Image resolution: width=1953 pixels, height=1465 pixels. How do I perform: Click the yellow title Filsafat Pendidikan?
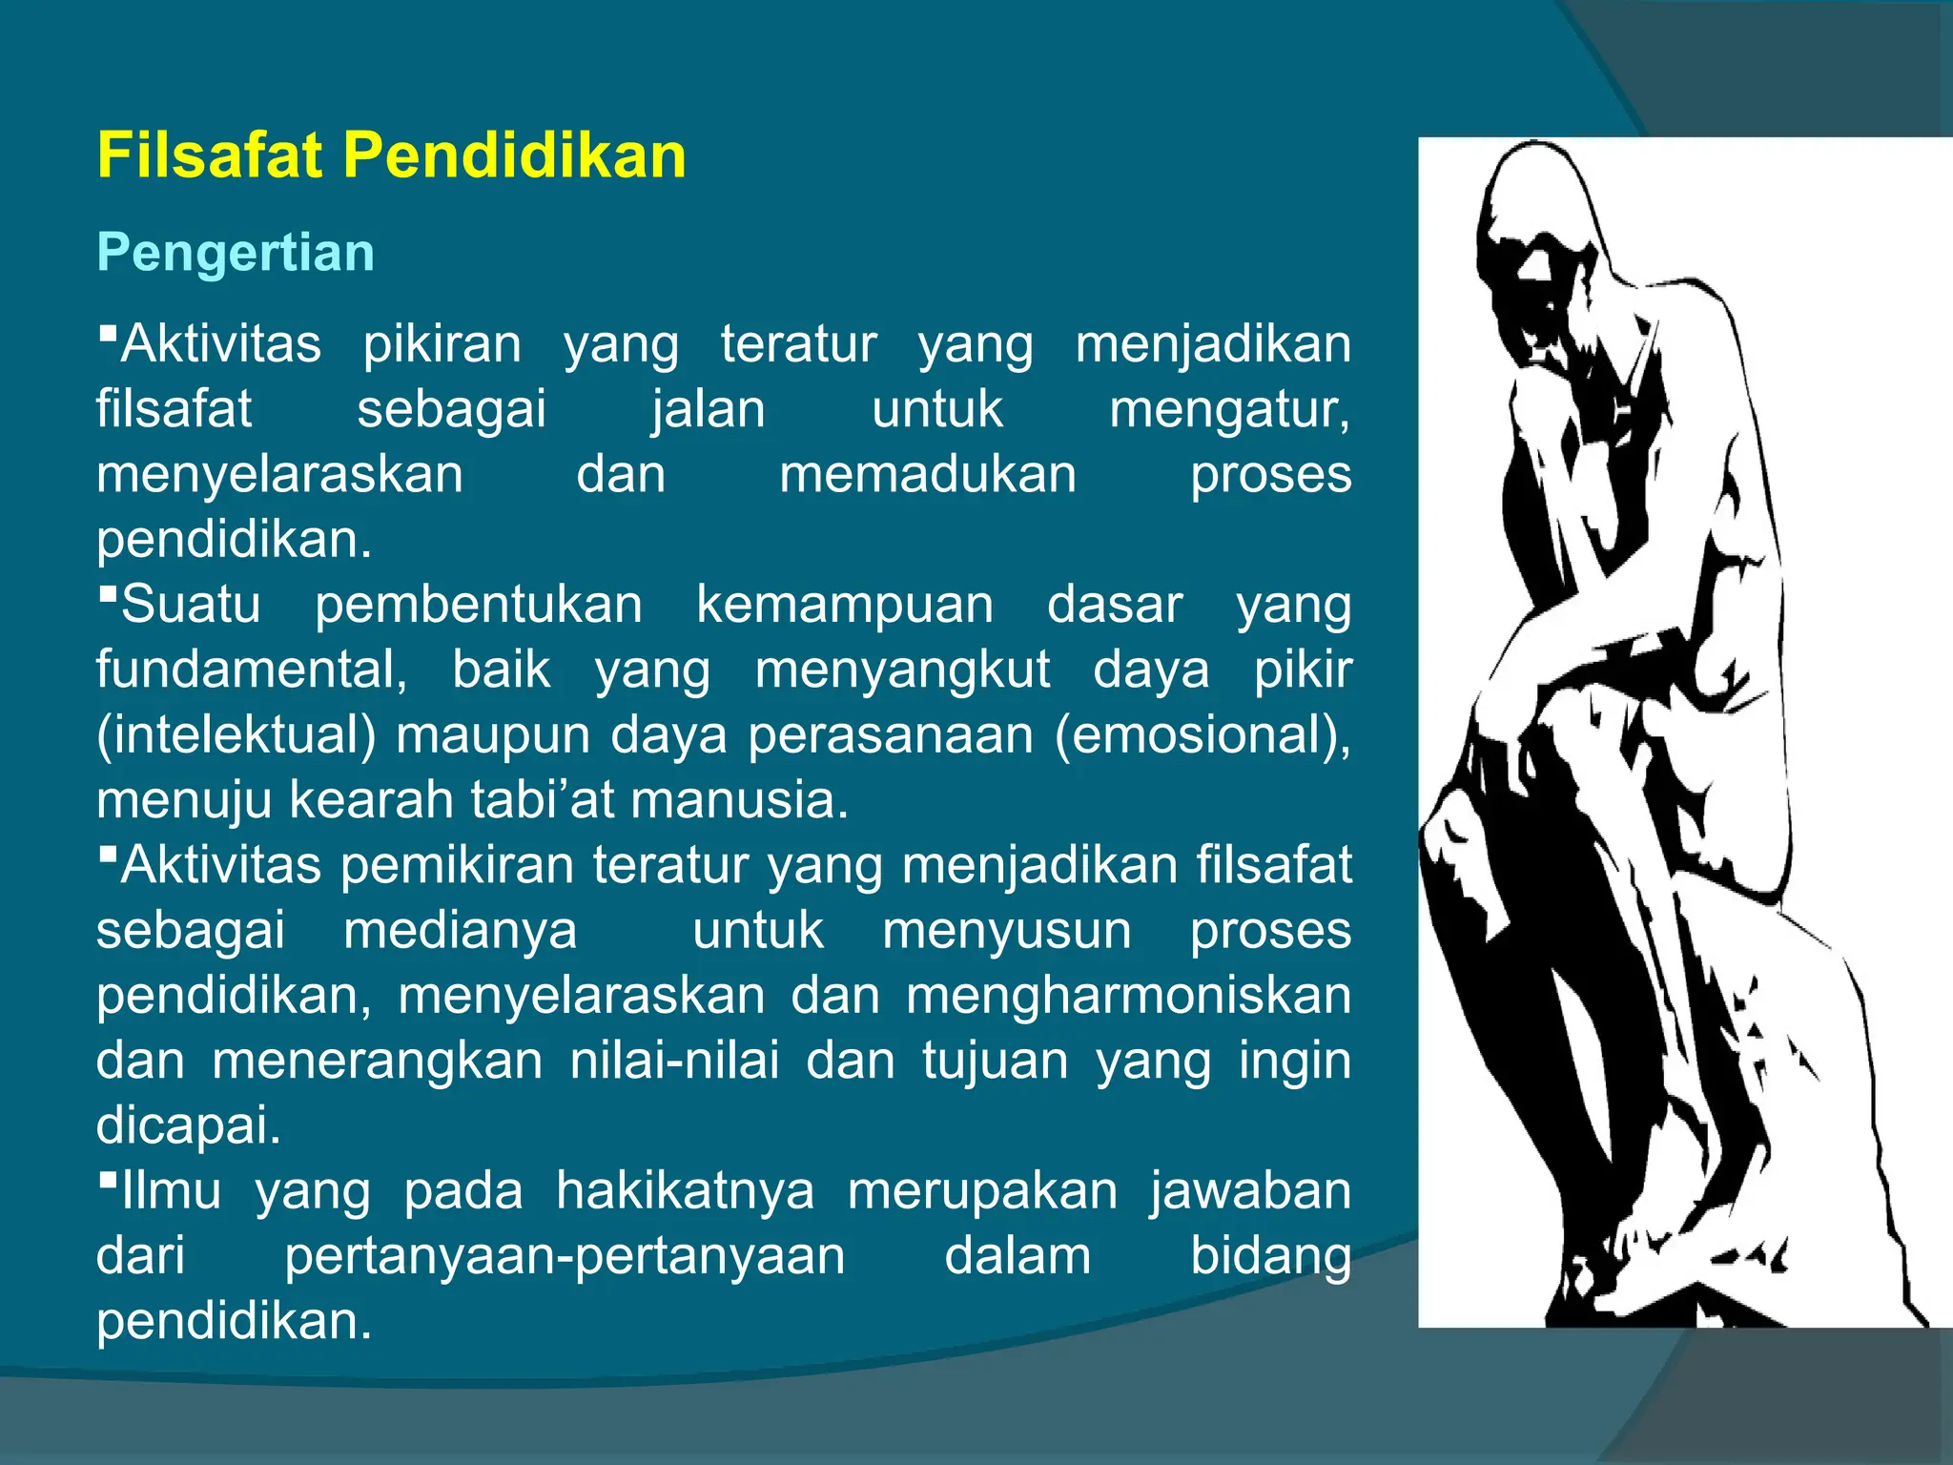pos(391,155)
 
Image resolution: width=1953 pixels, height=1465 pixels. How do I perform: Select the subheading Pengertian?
pos(236,253)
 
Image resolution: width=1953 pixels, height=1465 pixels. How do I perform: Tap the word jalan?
pos(709,409)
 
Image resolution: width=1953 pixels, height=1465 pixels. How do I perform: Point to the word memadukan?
pos(927,474)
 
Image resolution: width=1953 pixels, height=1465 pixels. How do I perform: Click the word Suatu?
pos(191,605)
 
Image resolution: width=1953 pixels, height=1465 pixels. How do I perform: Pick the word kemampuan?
pos(844,605)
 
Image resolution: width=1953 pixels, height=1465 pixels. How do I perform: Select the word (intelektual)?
pos(236,735)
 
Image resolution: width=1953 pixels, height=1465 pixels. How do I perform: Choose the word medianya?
pos(460,930)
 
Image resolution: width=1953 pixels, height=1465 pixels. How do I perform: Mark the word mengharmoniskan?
pos(1128,995)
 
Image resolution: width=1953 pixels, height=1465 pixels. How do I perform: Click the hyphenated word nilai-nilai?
pos(674,1061)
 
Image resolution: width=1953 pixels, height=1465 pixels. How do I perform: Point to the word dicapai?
pos(189,1125)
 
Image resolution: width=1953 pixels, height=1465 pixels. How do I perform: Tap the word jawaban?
pos(1250,1190)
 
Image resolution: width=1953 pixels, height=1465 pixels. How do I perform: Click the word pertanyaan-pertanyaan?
pos(565,1256)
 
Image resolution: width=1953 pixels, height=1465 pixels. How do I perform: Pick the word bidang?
pos(1270,1256)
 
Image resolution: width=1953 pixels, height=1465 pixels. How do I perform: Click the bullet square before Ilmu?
pos(108,1181)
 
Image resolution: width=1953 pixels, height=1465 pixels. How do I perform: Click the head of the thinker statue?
pos(1535,219)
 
